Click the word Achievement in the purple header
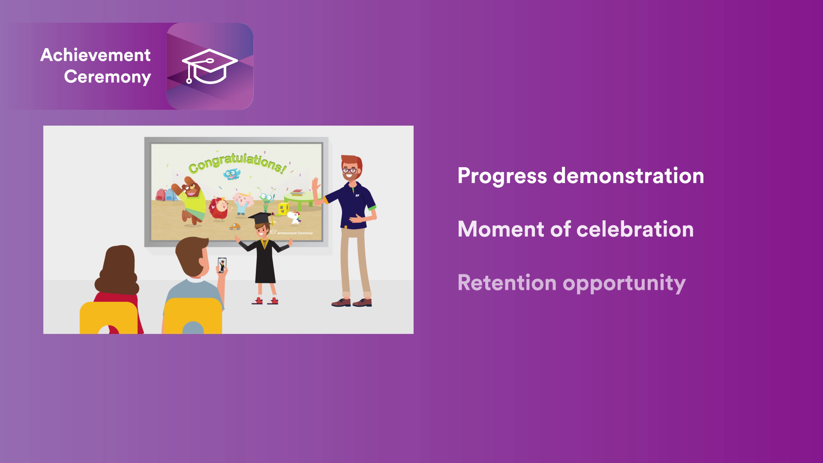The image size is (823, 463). (95, 55)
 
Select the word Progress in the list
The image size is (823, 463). (502, 176)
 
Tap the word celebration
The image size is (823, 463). (635, 229)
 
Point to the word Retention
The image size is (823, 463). (507, 283)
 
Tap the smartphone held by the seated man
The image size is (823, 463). (222, 265)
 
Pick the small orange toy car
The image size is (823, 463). (234, 226)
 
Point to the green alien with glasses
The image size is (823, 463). (266, 200)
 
